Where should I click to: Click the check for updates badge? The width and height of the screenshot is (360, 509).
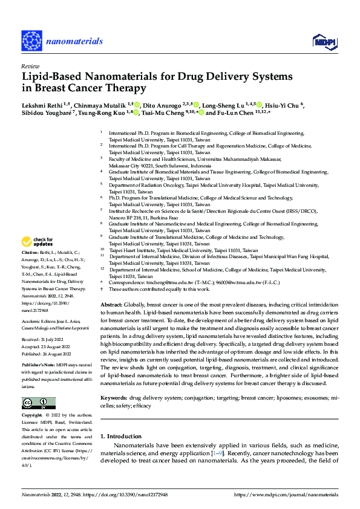38,242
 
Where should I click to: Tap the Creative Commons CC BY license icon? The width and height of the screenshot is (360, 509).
38,403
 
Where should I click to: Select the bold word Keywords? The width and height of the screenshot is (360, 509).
114,398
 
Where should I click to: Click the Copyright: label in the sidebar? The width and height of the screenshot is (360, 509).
31,416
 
